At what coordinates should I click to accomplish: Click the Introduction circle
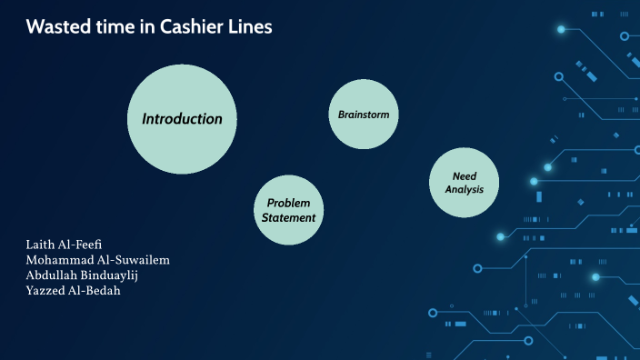182,118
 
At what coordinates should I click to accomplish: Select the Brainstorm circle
364,115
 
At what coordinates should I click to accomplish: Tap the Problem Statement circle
289,210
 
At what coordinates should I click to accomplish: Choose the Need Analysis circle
464,182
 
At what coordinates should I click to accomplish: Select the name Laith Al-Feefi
64,245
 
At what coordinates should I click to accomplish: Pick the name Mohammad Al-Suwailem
98,260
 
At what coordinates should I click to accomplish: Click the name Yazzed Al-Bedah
74,290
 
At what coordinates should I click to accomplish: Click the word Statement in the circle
289,218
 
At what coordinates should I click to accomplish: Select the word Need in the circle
465,175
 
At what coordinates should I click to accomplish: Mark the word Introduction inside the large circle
182,118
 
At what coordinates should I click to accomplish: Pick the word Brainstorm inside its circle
364,115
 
